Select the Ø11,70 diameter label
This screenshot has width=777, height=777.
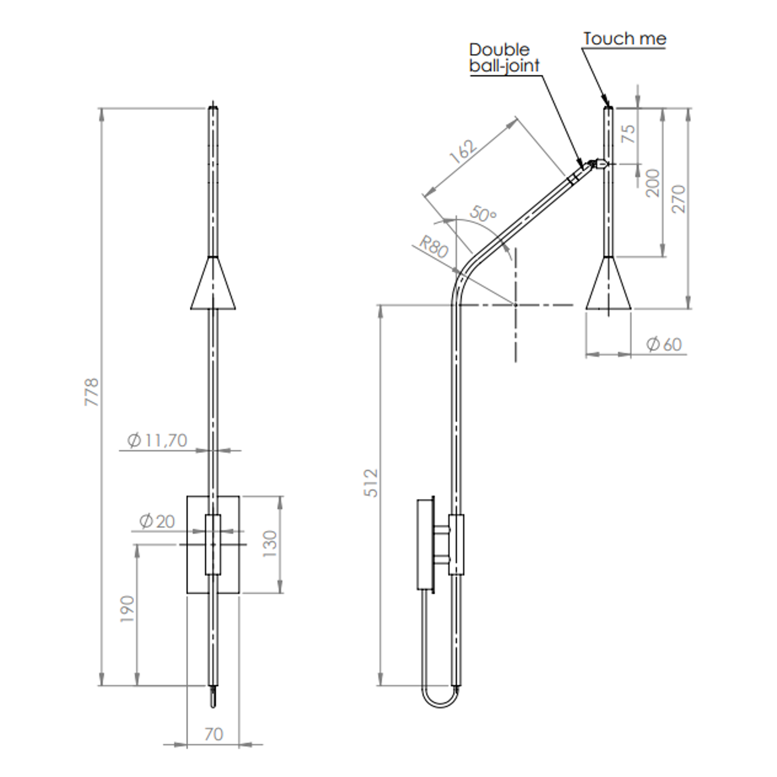click(158, 440)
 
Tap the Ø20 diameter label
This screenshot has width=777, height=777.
click(157, 521)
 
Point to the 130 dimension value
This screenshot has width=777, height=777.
click(270, 544)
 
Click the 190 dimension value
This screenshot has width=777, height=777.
click(127, 609)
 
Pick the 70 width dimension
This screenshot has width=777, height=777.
click(213, 734)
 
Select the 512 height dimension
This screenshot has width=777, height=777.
click(372, 482)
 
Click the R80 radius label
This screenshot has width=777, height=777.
click(433, 247)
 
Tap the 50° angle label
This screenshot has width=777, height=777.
click(483, 214)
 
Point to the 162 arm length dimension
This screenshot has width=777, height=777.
click(463, 152)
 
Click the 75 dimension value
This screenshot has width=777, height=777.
click(628, 133)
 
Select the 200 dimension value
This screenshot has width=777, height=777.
click(652, 183)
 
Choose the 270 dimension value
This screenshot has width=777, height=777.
click(679, 199)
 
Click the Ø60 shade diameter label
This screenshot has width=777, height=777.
click(664, 344)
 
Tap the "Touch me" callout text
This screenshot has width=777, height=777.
click(624, 39)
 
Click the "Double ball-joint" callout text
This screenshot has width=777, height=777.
click(504, 58)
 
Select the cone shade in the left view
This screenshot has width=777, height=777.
click(213, 285)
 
